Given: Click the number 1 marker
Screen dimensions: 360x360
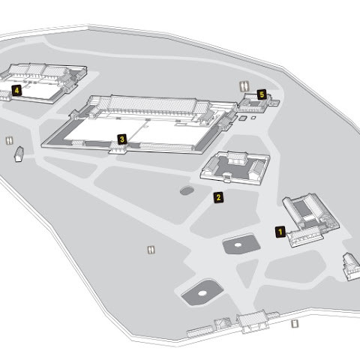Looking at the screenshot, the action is pyautogui.click(x=280, y=232).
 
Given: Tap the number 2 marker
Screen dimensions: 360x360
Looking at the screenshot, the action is pyautogui.click(x=218, y=197).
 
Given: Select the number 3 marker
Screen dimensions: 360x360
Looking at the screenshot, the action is pyautogui.click(x=122, y=139).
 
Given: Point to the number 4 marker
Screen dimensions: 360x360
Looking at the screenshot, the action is pyautogui.click(x=16, y=90).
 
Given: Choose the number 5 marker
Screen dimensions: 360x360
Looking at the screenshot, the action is pyautogui.click(x=262, y=94).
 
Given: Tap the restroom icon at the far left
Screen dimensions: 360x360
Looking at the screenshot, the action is pyautogui.click(x=10, y=140).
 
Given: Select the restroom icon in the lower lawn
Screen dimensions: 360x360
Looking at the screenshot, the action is pyautogui.click(x=151, y=250).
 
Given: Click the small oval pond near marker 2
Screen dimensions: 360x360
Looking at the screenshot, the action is pyautogui.click(x=187, y=191).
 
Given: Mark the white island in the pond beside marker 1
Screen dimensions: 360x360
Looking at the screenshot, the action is pyautogui.click(x=238, y=244).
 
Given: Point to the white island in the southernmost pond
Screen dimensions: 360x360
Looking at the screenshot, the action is pyautogui.click(x=202, y=293).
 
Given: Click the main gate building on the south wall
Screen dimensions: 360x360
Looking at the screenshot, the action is pyautogui.click(x=253, y=321).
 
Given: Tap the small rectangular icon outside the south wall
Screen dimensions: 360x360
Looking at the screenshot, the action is pyautogui.click(x=295, y=324).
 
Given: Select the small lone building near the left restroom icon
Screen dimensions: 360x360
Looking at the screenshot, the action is pyautogui.click(x=19, y=154).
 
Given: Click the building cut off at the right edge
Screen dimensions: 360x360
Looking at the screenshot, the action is pyautogui.click(x=352, y=266).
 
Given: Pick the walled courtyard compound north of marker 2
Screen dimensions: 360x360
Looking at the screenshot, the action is pyautogui.click(x=235, y=168).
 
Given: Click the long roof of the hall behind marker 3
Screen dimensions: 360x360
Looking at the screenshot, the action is pyautogui.click(x=153, y=104).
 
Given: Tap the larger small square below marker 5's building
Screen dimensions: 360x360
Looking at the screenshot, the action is pyautogui.click(x=242, y=118).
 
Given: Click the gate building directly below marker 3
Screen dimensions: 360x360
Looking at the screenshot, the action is pyautogui.click(x=118, y=148).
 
